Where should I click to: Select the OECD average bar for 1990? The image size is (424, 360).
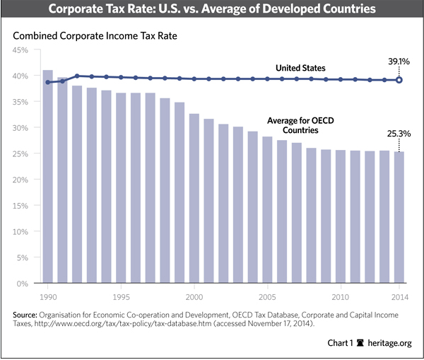[48, 177]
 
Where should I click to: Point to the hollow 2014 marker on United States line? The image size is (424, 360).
[399, 80]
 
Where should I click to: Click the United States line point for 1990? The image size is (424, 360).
[48, 82]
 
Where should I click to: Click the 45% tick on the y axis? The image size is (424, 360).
[18, 50]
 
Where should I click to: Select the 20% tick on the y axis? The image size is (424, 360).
[18, 180]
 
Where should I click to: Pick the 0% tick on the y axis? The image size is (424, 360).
[21, 284]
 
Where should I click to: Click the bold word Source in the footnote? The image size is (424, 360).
[25, 313]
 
